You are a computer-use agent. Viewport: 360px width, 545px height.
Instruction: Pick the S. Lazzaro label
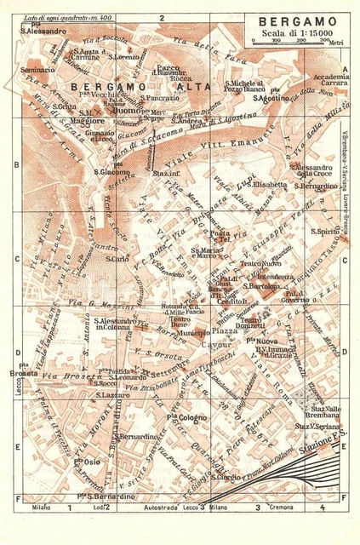[111, 395]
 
